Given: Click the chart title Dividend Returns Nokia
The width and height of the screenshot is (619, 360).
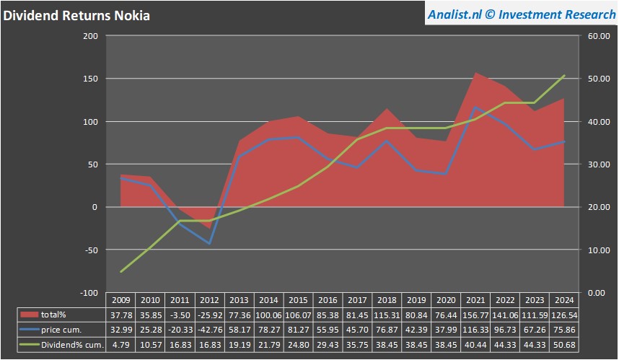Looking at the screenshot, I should pos(76,14).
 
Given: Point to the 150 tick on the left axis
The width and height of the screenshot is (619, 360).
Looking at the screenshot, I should pos(90,79).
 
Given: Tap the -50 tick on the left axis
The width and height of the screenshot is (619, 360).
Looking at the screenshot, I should pos(89,250).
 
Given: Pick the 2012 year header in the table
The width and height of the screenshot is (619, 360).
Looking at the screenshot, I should pos(208,300).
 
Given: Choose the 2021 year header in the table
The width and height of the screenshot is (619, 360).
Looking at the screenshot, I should pos(475,300).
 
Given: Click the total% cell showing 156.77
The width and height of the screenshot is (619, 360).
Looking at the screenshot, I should pos(475,315).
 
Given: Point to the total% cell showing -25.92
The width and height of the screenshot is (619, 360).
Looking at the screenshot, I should pos(208,315).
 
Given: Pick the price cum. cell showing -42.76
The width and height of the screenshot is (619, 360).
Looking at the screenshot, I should pos(208,330).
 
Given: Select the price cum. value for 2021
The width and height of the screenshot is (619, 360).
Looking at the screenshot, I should pos(475,330).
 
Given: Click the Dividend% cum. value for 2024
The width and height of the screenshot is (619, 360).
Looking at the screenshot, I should pos(563,345).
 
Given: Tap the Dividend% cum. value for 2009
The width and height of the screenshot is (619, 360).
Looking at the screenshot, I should pos(120,345).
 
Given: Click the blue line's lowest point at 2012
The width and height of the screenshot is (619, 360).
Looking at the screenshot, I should pos(208,244).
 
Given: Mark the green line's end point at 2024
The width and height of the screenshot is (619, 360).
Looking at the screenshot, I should pos(564,75).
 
